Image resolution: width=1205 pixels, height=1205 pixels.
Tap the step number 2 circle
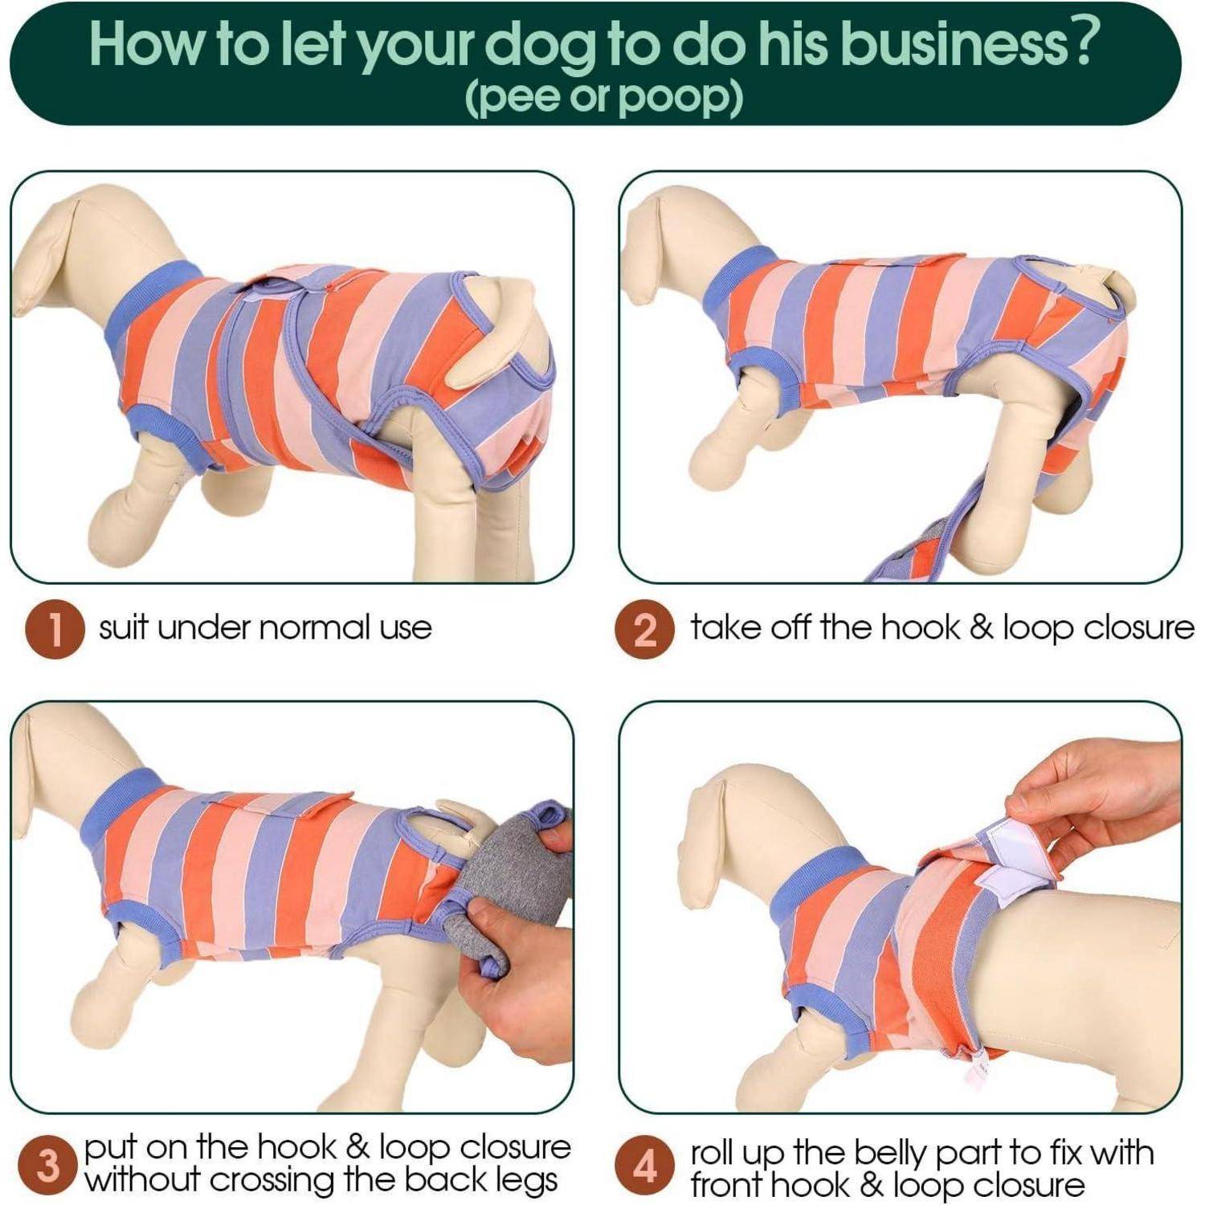pyautogui.click(x=645, y=630)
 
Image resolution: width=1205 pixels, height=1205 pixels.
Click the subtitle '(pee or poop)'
pyautogui.click(x=603, y=97)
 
